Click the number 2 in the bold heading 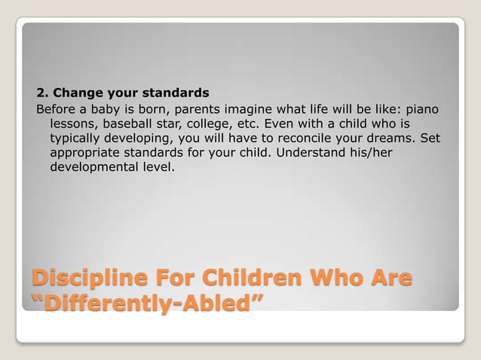tap(41, 94)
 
